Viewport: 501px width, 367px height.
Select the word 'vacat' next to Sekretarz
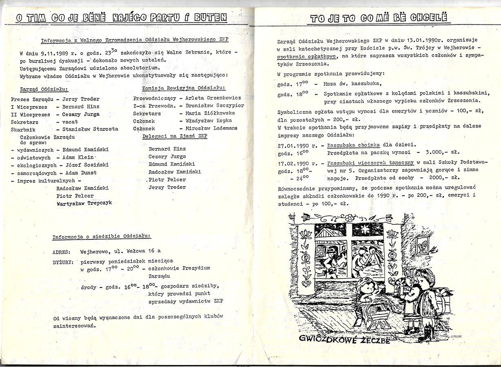[70, 122]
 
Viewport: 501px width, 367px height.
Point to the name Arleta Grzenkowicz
[213, 98]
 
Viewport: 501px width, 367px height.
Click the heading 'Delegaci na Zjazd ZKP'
[174, 136]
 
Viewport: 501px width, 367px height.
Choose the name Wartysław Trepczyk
[84, 203]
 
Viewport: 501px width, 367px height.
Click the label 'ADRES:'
[62, 252]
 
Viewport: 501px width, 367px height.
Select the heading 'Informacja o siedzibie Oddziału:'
[102, 237]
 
